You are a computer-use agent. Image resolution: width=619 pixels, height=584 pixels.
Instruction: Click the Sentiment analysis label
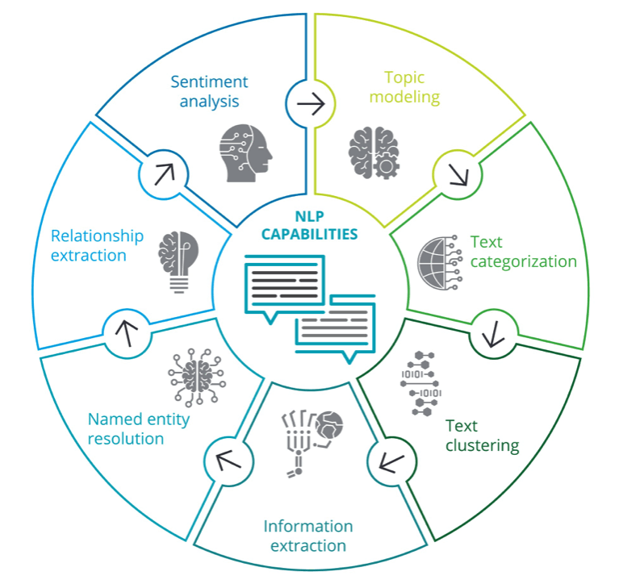[x=208, y=91]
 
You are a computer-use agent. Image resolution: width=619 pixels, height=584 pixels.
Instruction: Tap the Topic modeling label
[x=412, y=87]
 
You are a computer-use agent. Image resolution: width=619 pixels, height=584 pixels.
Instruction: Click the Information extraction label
[x=308, y=536]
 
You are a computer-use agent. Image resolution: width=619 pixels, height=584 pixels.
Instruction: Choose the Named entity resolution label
[x=126, y=429]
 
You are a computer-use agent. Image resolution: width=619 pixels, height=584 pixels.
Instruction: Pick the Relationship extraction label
[x=97, y=245]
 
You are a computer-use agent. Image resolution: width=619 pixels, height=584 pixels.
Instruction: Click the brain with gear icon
[x=374, y=152]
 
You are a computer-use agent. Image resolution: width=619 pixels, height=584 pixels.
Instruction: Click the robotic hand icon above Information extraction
[x=312, y=440]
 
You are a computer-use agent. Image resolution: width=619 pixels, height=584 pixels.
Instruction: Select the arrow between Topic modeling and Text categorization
[x=456, y=173]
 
